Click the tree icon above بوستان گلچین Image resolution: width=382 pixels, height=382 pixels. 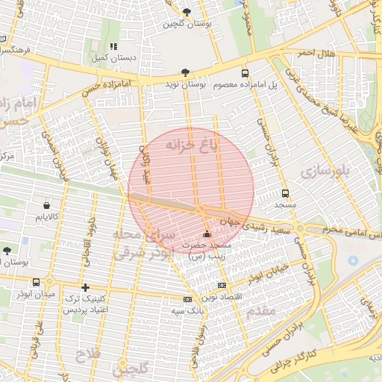(187, 12)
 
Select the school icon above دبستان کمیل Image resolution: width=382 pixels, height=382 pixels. (115, 46)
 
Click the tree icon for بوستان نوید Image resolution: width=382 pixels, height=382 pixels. (185, 73)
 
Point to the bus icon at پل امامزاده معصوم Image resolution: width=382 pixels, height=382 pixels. (245, 73)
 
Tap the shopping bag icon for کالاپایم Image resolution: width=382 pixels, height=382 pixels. (47, 204)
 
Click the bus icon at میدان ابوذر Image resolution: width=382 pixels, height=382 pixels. (37, 282)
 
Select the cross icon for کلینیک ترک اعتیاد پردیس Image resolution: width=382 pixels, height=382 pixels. (85, 287)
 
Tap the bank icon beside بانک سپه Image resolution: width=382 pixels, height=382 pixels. (187, 299)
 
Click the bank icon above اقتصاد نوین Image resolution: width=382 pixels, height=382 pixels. (221, 286)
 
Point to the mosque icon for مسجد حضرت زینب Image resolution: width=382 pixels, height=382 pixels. (207, 235)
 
